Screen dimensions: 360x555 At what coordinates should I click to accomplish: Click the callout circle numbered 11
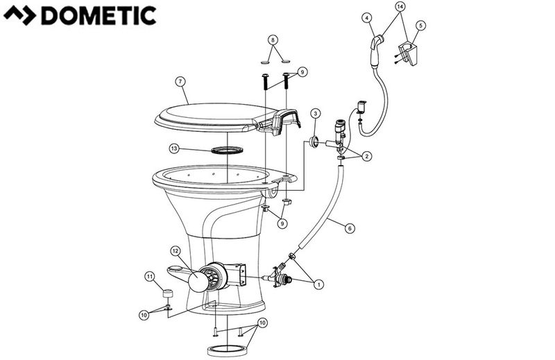pyautogui.click(x=149, y=277)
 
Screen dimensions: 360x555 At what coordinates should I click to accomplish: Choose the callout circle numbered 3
pyautogui.click(x=316, y=113)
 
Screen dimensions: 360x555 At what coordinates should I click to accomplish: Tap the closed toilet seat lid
pyautogui.click(x=208, y=114)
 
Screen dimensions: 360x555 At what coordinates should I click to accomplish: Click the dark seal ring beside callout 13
pyautogui.click(x=228, y=150)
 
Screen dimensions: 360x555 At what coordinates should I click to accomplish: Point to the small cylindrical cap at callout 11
pyautogui.click(x=167, y=291)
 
